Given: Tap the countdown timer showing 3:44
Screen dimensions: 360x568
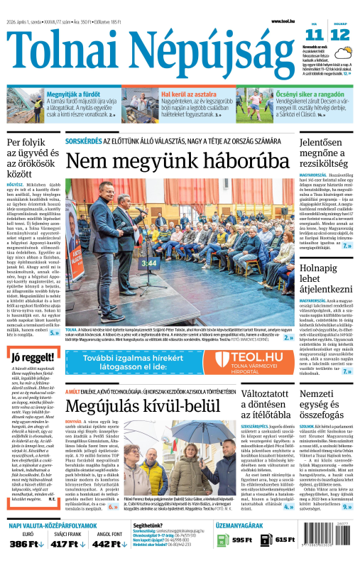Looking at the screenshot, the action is click(x=149, y=264).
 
